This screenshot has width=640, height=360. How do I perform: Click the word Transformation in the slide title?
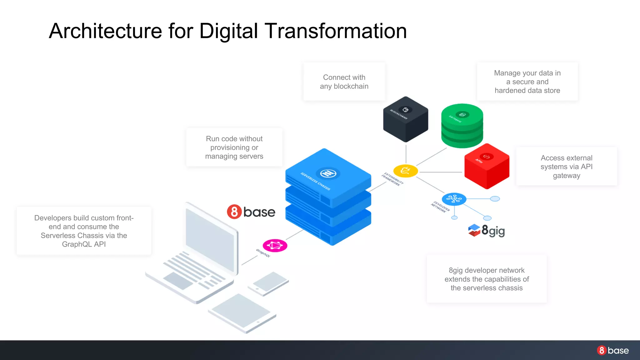click(336, 31)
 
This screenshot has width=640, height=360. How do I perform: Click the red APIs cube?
click(487, 166)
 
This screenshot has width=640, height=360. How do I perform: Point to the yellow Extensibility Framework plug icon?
click(405, 171)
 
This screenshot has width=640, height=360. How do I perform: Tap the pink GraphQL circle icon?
click(275, 246)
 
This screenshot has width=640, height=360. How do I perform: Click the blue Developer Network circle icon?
click(454, 199)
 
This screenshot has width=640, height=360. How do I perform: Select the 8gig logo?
click(487, 231)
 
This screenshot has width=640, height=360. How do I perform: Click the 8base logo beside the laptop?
click(251, 212)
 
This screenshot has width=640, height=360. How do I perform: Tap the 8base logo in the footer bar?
click(612, 350)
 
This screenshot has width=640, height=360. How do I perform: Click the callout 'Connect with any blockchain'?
click(344, 82)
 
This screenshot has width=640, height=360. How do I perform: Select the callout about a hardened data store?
click(527, 82)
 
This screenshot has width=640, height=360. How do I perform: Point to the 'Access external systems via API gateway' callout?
click(566, 167)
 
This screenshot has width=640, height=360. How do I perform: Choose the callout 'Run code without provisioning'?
click(234, 147)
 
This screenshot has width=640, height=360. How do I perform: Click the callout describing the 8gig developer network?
click(487, 279)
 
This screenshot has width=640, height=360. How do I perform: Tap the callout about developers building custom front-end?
click(84, 231)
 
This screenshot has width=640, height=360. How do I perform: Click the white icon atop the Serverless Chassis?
click(328, 173)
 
